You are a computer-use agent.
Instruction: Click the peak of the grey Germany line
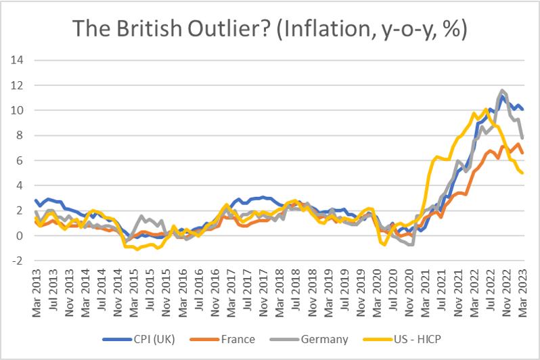pos(502,90)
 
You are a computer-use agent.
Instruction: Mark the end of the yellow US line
pos(522,173)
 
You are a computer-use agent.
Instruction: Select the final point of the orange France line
pos(522,153)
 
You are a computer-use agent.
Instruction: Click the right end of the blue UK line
pos(522,109)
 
